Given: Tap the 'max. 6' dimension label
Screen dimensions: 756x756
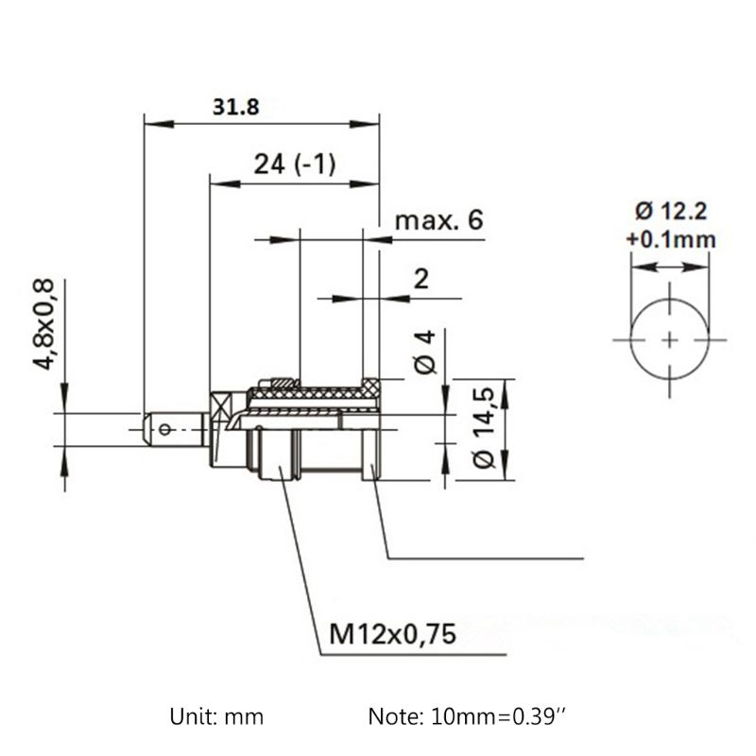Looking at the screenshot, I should [438, 221].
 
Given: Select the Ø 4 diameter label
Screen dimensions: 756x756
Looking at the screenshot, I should [425, 352].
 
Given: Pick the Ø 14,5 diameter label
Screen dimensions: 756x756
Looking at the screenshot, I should [483, 430].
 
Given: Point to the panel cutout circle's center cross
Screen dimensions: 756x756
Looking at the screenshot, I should [670, 338].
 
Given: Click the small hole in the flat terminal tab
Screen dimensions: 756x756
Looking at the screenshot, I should [166, 430].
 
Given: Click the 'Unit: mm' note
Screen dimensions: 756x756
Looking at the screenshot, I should [217, 716].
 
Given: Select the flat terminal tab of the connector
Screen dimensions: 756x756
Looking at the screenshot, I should [175, 430].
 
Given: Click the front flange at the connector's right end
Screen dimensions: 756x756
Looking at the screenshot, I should [371, 430].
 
